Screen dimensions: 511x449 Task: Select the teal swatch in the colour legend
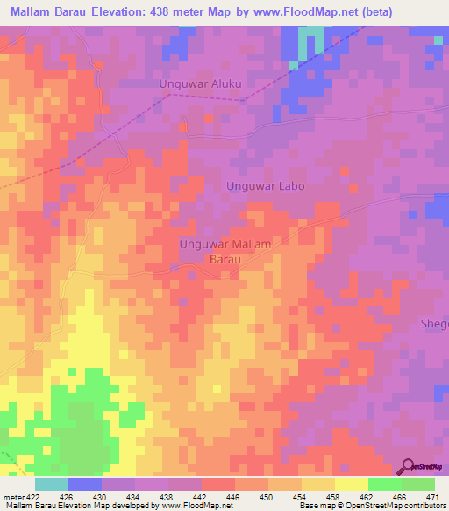[51, 484]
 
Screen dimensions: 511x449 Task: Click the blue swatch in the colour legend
[84, 484]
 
